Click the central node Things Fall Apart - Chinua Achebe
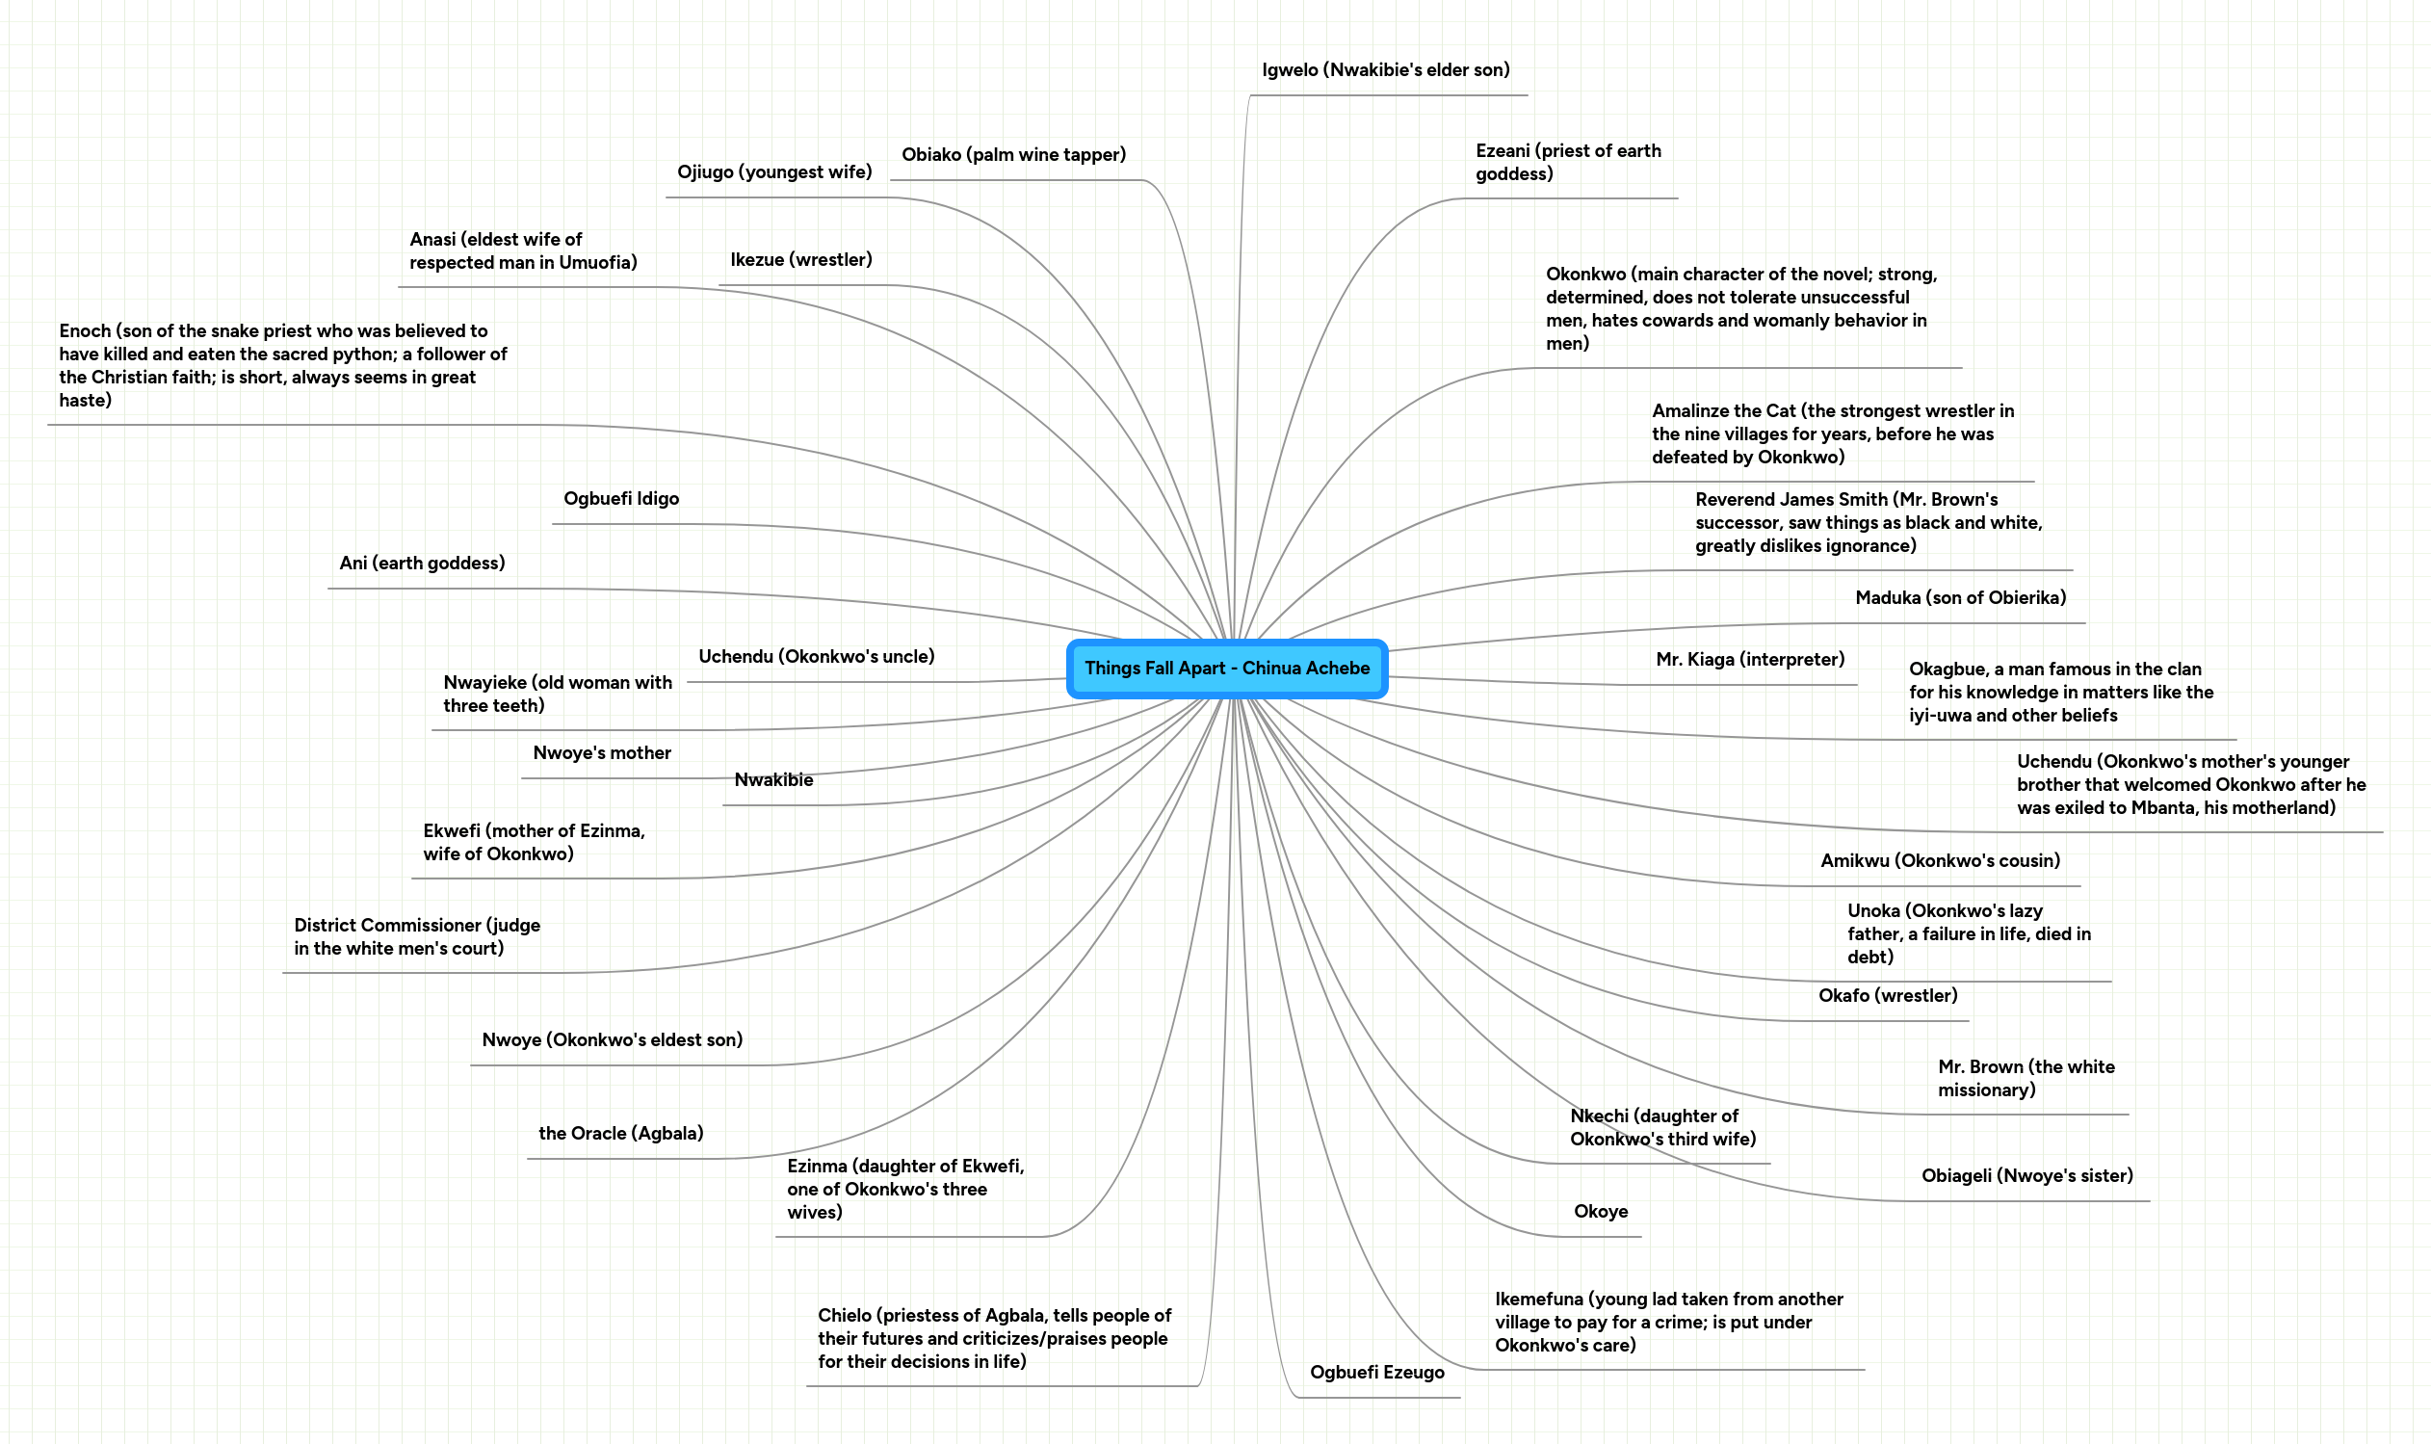[1227, 669]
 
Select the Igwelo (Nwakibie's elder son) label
[1385, 70]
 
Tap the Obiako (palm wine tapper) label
[1012, 155]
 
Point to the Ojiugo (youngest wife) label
[774, 172]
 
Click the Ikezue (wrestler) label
[800, 260]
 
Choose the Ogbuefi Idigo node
[620, 499]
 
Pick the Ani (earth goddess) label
[422, 564]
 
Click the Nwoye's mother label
[601, 753]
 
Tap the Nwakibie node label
[773, 780]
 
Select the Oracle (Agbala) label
[620, 1134]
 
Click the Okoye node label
[1600, 1212]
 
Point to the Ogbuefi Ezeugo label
[1376, 1372]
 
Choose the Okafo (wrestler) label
[1887, 995]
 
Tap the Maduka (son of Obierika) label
[1959, 597]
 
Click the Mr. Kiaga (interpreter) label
[1749, 660]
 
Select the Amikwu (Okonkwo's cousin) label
[1940, 860]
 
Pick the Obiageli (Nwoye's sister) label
[2026, 1175]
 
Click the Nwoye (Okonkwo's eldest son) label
[612, 1040]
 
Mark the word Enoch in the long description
[85, 331]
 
